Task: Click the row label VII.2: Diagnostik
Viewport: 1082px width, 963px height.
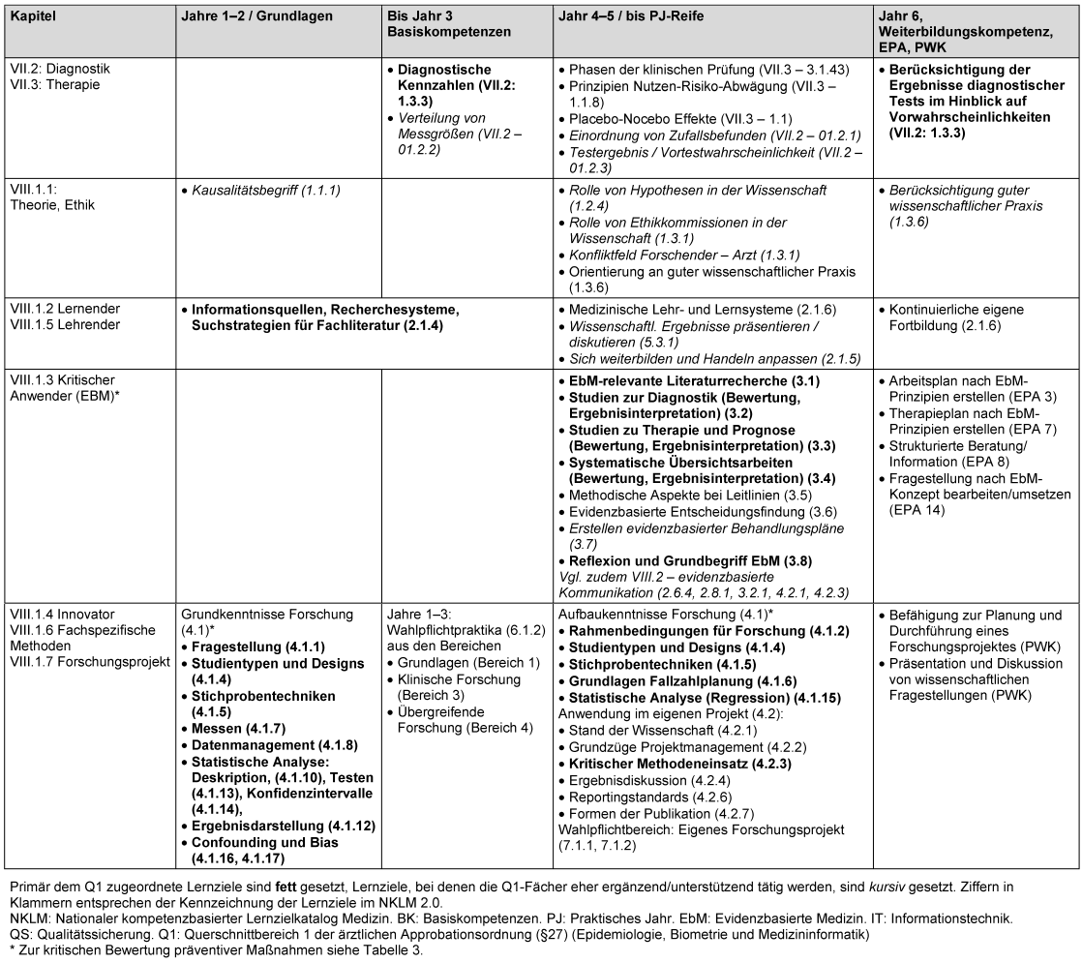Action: pos(58,70)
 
